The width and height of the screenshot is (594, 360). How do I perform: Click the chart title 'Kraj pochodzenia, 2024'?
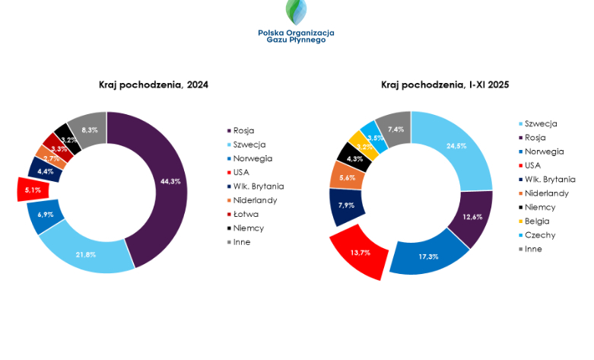pos(153,84)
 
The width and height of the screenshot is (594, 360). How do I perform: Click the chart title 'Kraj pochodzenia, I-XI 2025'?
pos(445,84)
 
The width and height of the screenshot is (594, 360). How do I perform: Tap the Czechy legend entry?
pos(540,235)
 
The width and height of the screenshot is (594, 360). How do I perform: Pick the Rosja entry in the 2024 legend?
pos(243,130)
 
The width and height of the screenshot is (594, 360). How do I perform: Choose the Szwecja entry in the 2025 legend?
pos(540,123)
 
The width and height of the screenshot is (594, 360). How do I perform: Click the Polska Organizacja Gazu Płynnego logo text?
pos(296,36)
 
